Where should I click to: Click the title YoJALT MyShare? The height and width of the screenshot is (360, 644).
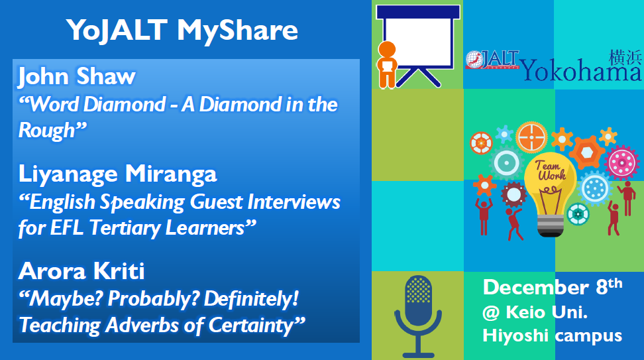(x=182, y=30)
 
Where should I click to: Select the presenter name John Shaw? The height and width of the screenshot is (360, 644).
(x=77, y=76)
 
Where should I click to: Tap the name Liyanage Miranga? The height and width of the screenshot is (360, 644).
(x=117, y=174)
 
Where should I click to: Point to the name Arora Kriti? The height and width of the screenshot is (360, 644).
(x=81, y=271)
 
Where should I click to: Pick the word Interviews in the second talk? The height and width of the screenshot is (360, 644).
(x=294, y=202)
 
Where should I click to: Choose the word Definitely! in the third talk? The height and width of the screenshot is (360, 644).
(x=251, y=299)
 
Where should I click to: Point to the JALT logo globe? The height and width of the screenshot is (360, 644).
(x=474, y=60)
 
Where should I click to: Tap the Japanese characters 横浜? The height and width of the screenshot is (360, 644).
(x=625, y=58)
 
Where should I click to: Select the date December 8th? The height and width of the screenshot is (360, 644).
(x=553, y=287)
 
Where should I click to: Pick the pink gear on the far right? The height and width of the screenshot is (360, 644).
(x=622, y=162)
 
